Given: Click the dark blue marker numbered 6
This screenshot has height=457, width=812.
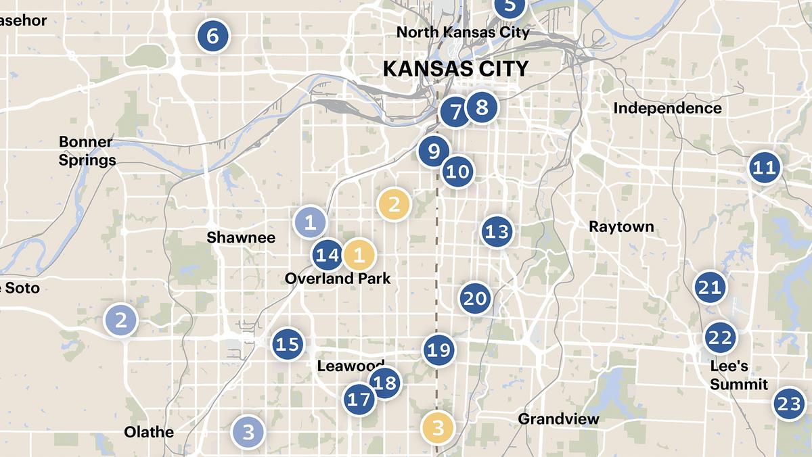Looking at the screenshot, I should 212,35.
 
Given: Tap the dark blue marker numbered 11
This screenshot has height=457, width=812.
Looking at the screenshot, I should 765,167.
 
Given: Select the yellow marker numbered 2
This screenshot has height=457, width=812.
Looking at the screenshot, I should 394,203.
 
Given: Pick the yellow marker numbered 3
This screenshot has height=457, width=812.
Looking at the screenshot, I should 438,427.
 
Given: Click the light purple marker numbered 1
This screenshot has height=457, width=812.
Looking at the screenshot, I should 310,222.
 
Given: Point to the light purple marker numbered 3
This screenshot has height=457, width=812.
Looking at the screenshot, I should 248,431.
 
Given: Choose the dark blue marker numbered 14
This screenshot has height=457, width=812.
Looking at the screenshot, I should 328,256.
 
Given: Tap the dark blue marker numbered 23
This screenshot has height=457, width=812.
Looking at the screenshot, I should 789,404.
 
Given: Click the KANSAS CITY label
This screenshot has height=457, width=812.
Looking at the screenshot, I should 455,69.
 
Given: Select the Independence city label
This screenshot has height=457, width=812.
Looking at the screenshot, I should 667,108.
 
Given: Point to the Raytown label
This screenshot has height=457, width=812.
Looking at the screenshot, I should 621,226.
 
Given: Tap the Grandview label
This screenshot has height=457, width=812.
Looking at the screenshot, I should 558,419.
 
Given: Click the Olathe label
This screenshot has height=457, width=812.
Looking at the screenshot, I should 149,432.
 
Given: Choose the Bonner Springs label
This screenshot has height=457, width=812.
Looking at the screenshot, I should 87,151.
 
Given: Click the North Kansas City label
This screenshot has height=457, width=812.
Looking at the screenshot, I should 463,32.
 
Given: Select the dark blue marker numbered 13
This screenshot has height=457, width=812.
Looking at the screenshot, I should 497,233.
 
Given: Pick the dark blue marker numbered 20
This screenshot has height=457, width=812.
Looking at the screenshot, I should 475,298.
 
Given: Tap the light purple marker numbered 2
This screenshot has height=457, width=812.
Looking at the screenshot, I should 121,320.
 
